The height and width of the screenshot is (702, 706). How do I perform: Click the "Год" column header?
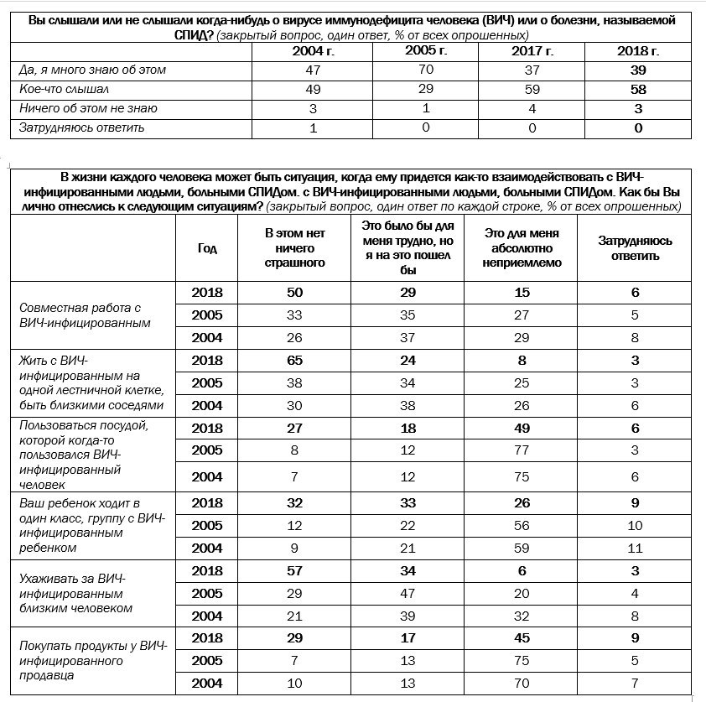point(207,248)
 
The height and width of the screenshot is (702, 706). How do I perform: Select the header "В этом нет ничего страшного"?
point(294,248)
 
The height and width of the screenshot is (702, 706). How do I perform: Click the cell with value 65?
point(294,361)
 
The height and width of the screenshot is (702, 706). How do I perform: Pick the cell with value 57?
point(294,570)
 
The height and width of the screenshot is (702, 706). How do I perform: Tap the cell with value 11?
point(635,549)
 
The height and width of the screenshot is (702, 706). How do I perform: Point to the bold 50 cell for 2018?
point(294,293)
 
